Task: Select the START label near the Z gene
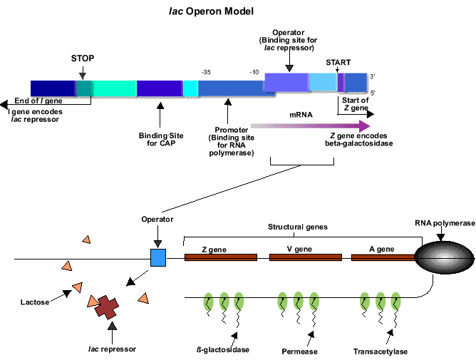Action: pyautogui.click(x=338, y=63)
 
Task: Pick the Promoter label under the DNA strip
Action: pyautogui.click(x=230, y=141)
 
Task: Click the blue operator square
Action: pyautogui.click(x=157, y=257)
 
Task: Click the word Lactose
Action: pyautogui.click(x=35, y=302)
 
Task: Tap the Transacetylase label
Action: pyautogui.click(x=381, y=351)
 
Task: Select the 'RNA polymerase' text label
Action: pyautogui.click(x=445, y=223)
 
